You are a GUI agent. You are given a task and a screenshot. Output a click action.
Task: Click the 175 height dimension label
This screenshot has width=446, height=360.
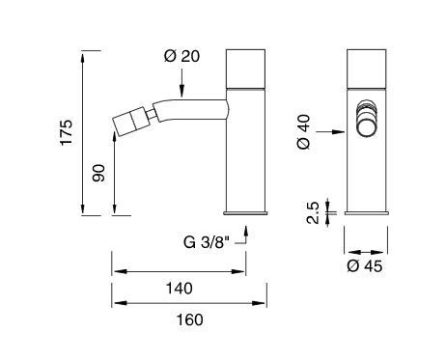pos(67,132)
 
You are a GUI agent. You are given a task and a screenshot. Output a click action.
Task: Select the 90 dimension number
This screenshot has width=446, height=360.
pos(98,173)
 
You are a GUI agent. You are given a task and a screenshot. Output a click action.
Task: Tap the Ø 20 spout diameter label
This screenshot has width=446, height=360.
pos(181,56)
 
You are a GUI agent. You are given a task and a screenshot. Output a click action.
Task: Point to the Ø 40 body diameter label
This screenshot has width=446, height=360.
pos(304,132)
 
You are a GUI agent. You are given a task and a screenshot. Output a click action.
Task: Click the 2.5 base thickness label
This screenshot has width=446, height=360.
pos(313,212)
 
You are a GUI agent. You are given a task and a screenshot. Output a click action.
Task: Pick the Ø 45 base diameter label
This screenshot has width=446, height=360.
pos(365,266)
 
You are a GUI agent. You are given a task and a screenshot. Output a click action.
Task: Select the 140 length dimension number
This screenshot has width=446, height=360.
pos(180,289)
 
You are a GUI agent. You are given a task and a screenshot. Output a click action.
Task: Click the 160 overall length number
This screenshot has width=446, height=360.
pos(190,319)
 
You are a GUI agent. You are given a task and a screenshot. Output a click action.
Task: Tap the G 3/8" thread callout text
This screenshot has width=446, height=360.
pos(207,242)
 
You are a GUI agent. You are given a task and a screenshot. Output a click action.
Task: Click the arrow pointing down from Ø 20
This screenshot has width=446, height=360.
pos(181,83)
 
